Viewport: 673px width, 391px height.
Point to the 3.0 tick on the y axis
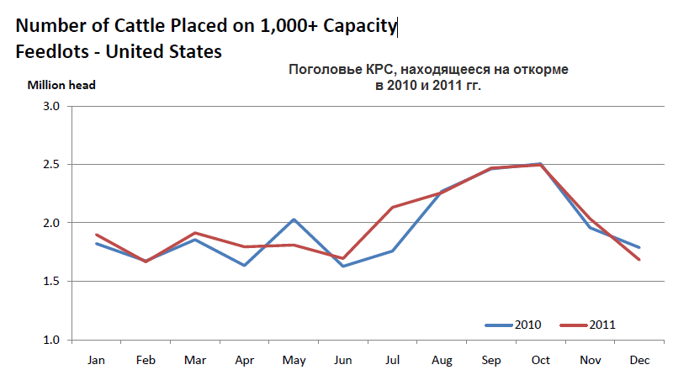(51, 106)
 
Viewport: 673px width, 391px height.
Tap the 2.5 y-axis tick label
(51, 165)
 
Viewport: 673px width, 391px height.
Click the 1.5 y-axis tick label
(51, 282)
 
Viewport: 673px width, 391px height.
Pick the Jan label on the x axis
(96, 360)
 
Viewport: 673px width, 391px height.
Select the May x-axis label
(294, 360)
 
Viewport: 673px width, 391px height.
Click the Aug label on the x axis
(442, 360)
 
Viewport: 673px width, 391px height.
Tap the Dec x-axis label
(639, 360)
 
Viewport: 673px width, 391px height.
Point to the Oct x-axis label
(540, 360)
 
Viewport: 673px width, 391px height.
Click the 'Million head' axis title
(61, 85)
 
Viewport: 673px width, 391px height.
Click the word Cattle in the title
(161, 25)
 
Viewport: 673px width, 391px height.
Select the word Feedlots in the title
(50, 51)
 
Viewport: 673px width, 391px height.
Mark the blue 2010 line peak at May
(294, 219)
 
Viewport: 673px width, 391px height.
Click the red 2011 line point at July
(392, 207)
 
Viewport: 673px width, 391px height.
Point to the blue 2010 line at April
(244, 265)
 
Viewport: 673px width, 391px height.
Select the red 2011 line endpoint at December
(639, 259)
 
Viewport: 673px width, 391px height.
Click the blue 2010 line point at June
(342, 266)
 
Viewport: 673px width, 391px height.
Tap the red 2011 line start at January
(96, 235)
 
